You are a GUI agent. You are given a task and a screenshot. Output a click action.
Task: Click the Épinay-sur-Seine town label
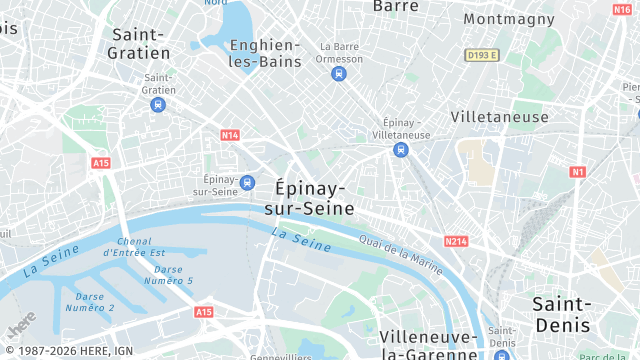pyautogui.click(x=309, y=198)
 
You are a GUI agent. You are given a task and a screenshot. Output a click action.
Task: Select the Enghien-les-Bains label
pyautogui.click(x=264, y=53)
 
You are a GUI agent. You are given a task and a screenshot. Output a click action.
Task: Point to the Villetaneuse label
pyautogui.click(x=499, y=117)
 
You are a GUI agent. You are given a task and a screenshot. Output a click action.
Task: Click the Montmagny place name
pyautogui.click(x=509, y=18)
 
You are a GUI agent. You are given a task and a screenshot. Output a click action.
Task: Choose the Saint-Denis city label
pyautogui.click(x=561, y=314)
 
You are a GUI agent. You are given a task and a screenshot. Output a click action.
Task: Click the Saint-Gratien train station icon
pyautogui.click(x=159, y=104)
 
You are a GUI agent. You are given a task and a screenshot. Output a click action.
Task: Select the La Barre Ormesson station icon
pyautogui.click(x=339, y=73)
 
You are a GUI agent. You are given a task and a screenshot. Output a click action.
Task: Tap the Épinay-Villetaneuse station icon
pyautogui.click(x=400, y=150)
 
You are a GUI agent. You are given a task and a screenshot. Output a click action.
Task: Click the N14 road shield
pyautogui.click(x=230, y=134)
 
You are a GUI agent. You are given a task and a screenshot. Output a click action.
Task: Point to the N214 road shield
pyautogui.click(x=456, y=241)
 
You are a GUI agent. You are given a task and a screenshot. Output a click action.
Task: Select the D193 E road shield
pyautogui.click(x=481, y=55)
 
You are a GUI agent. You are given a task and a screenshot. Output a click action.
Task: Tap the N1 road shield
pyautogui.click(x=578, y=172)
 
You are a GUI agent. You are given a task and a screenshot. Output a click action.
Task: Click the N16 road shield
pyautogui.click(x=621, y=9)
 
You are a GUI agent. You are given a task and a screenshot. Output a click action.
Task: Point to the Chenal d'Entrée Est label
pyautogui.click(x=140, y=247)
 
